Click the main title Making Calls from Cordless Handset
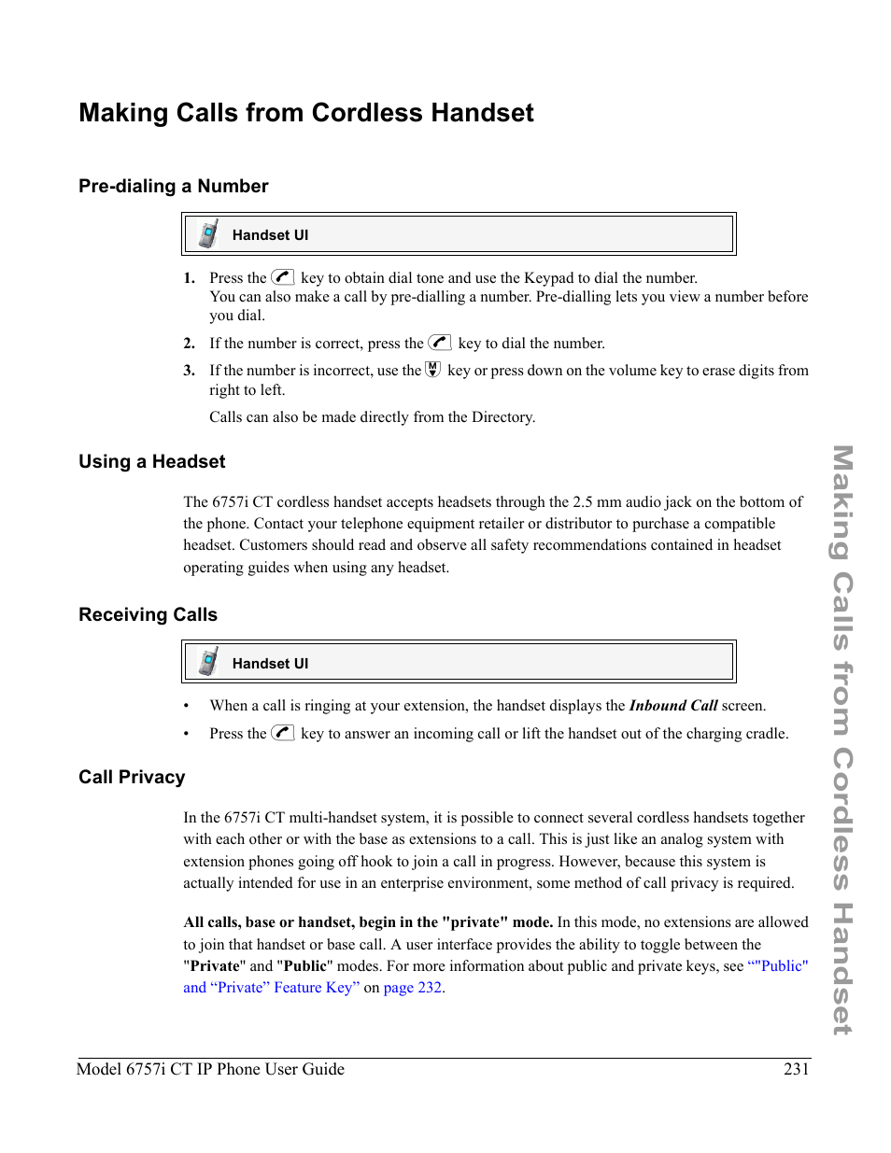(x=306, y=113)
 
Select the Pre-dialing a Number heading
(x=174, y=186)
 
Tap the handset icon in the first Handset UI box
(x=208, y=234)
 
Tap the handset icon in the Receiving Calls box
(x=208, y=662)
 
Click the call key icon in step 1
(x=283, y=277)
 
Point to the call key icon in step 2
(x=440, y=343)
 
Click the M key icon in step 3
(x=433, y=370)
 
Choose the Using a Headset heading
(x=152, y=461)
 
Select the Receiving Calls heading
(x=148, y=614)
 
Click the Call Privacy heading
(x=132, y=777)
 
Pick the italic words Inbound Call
(x=672, y=706)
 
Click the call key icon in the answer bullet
(x=283, y=733)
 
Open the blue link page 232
(x=413, y=988)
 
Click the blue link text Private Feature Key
(x=280, y=988)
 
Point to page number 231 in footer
(x=796, y=1069)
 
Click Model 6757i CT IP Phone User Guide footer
(x=210, y=1069)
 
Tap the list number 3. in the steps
(x=189, y=371)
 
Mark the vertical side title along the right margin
(x=841, y=739)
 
